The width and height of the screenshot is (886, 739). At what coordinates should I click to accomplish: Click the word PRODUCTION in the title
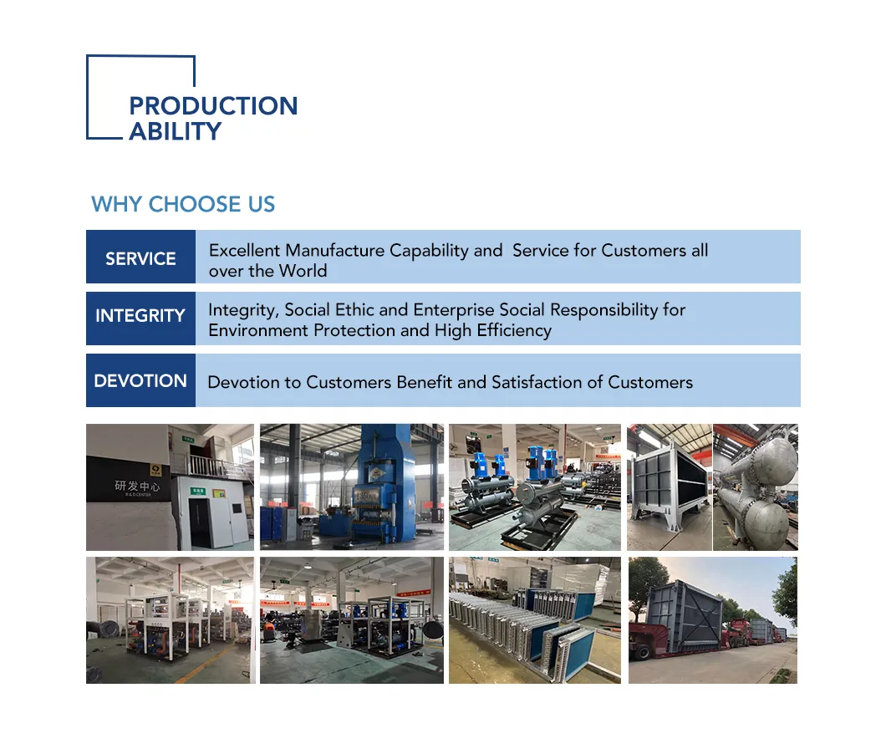coord(213,106)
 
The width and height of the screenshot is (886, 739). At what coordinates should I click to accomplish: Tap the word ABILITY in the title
coord(175,131)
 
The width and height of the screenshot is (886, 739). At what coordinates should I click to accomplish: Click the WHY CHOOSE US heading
coord(183,204)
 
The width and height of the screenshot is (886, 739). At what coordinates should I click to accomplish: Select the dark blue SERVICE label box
coord(140,257)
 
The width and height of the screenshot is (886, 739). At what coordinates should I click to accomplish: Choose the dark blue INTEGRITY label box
coord(140,316)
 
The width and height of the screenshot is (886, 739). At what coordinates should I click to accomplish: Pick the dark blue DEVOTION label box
coord(140,380)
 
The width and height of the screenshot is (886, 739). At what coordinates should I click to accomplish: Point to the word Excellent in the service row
coord(244,250)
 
